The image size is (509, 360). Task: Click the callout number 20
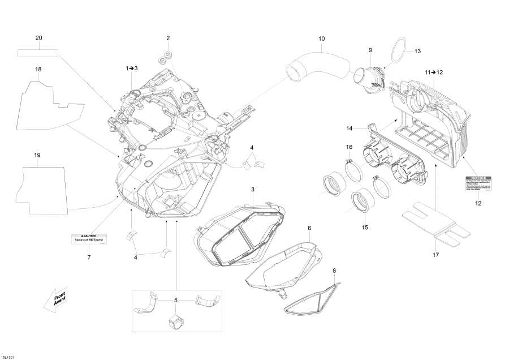point(39,38)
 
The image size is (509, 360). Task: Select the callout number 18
point(38,69)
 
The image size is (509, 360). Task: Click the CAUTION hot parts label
point(89,238)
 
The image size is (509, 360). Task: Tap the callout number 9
point(370,50)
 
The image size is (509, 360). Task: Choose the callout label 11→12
point(434,72)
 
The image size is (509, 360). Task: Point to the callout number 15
point(365,228)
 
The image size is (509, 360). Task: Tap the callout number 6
point(309,228)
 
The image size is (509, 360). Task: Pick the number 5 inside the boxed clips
point(176,300)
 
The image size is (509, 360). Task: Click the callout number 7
point(89,258)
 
